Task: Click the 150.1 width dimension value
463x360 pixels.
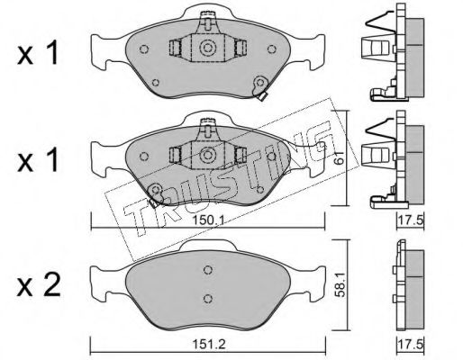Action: pos(208,220)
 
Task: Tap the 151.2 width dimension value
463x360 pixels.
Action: pos(208,344)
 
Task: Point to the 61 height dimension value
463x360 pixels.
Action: pos(340,157)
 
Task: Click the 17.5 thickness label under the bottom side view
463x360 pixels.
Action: pos(411,343)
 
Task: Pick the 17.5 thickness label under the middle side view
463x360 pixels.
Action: pos(411,221)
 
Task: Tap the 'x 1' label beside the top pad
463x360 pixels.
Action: pos(37,53)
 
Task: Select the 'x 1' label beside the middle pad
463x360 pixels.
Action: pos(37,160)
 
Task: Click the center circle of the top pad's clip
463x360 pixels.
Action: pos(207,48)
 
